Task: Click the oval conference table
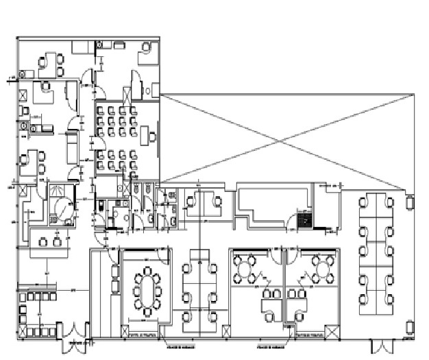146,291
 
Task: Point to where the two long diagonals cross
282,142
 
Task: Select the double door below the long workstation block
380,345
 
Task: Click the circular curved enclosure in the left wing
63,207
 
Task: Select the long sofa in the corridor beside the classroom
71,146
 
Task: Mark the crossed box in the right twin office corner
332,332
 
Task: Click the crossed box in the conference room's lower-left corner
126,333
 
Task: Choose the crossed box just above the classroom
127,93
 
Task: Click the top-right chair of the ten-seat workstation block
390,202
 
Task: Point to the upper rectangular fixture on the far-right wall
411,203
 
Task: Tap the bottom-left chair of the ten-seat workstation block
361,300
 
